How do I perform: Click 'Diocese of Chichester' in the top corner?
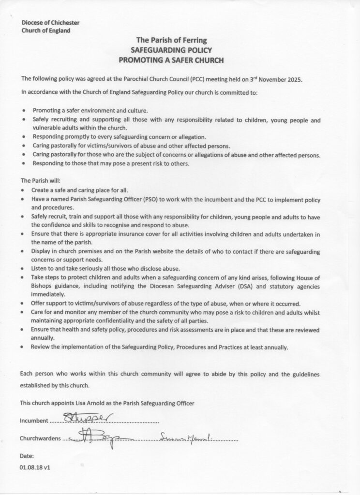point(50,23)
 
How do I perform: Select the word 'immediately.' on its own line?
point(48,294)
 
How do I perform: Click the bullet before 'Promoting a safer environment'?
point(24,111)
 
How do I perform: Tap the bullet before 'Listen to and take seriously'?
point(24,269)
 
